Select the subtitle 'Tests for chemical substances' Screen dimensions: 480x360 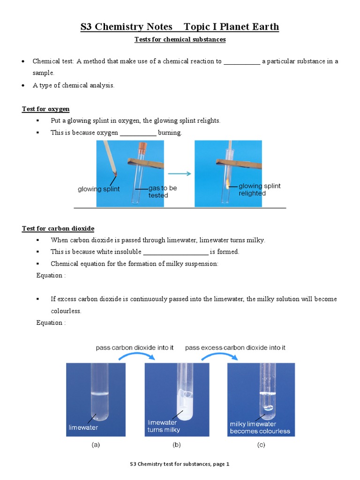pyautogui.click(x=180, y=39)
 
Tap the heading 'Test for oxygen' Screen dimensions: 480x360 pyautogui.click(x=46, y=109)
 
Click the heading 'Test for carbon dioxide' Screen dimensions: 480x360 pyautogui.click(x=58, y=228)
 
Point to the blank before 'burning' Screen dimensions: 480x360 pyautogui.click(x=138, y=133)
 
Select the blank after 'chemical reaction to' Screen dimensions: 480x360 pyautogui.click(x=241, y=61)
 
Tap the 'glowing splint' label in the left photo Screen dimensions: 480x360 pyautogui.click(x=98, y=189)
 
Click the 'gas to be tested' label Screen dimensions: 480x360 pyautogui.click(x=162, y=191)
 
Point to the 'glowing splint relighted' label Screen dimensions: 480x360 pyautogui.click(x=259, y=189)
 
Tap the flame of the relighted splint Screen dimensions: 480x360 pyautogui.click(x=228, y=183)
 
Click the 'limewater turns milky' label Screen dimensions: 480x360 pyautogui.click(x=164, y=426)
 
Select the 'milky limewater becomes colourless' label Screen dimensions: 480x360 pyautogui.click(x=260, y=427)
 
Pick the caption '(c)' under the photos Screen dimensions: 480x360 pyautogui.click(x=261, y=445)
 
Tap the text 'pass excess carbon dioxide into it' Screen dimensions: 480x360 pyautogui.click(x=235, y=348)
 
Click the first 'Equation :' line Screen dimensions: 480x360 pyautogui.click(x=51, y=275)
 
